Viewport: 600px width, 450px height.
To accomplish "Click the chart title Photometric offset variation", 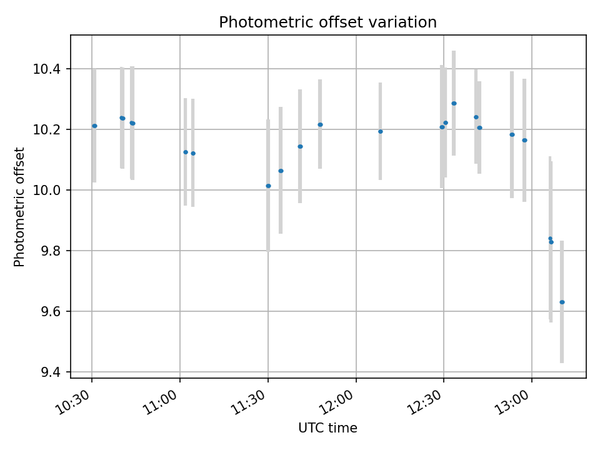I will [x=327, y=22].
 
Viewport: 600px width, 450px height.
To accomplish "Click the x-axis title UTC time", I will [x=327, y=428].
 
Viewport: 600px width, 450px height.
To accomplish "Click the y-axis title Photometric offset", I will [x=19, y=207].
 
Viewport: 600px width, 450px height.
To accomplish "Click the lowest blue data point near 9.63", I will [x=562, y=302].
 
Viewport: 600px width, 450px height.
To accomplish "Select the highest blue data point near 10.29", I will [x=454, y=104].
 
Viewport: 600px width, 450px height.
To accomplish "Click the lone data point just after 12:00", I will [x=380, y=131].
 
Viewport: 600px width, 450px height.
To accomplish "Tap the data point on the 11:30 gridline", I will [x=268, y=186].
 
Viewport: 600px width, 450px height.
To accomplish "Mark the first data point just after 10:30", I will [x=94, y=126].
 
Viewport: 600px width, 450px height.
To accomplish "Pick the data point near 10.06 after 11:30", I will [x=281, y=171].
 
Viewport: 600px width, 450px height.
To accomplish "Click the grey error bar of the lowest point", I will [x=562, y=337].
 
